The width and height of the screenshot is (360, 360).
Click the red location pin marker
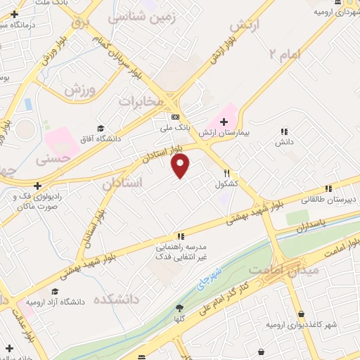click(x=181, y=166)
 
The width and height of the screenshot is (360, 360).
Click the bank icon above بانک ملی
click(x=175, y=117)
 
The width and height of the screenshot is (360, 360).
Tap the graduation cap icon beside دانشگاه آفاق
click(x=101, y=129)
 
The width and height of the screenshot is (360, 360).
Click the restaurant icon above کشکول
click(x=226, y=172)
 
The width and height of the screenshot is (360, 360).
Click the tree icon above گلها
click(x=179, y=308)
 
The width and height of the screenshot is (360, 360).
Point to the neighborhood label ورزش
click(x=79, y=90)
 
